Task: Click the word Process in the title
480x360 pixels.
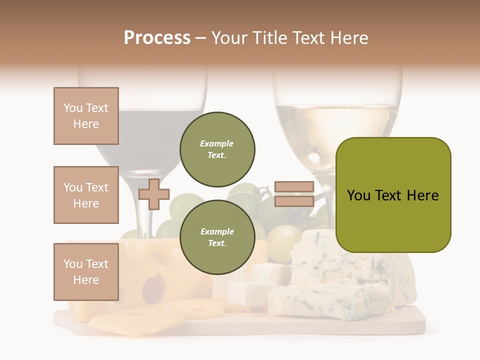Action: (x=157, y=38)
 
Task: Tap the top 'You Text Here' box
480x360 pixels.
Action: (x=86, y=116)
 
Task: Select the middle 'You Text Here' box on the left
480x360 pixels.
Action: (x=86, y=195)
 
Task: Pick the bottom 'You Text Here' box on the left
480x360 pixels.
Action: (x=86, y=271)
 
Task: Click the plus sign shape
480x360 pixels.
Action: (x=154, y=194)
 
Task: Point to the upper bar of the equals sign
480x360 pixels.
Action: (x=294, y=187)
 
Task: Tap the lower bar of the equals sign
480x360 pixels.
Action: (x=294, y=201)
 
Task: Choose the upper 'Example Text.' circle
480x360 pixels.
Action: (x=217, y=149)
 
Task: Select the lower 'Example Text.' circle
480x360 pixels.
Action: (x=217, y=237)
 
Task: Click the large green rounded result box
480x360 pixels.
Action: (x=393, y=195)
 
